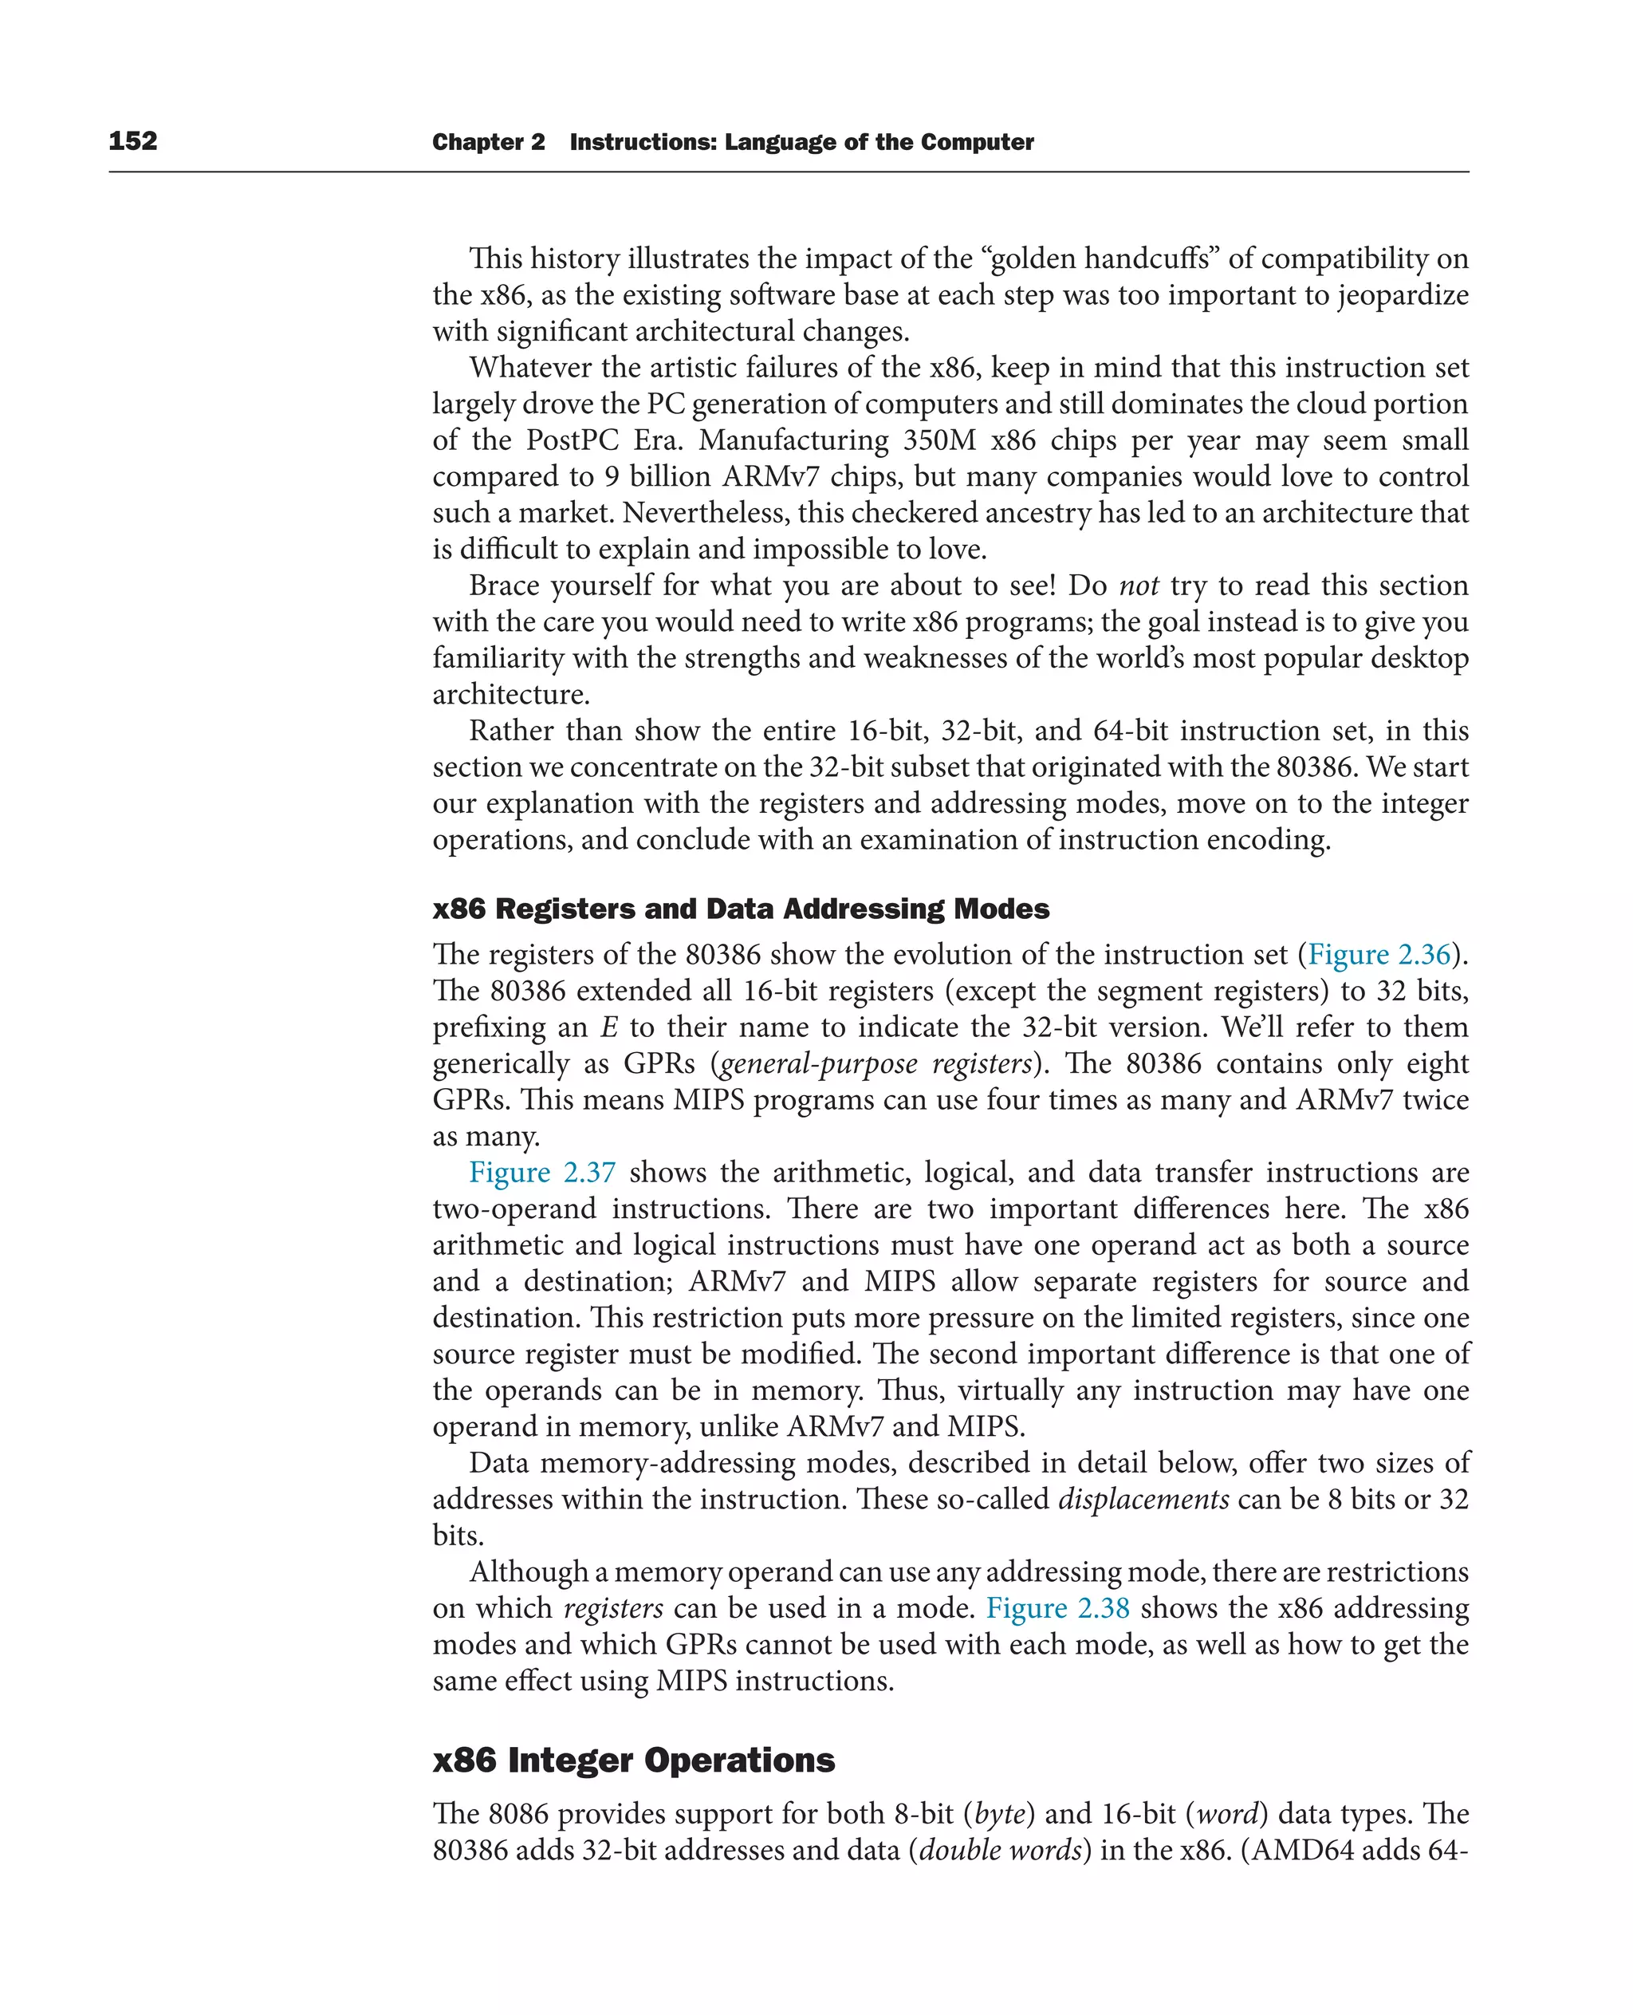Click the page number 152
[x=132, y=141]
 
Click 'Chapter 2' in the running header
[x=488, y=142]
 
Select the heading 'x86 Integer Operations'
[x=633, y=1760]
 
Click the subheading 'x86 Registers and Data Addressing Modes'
[x=740, y=909]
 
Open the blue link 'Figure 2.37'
[x=542, y=1173]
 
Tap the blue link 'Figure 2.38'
[x=1057, y=1608]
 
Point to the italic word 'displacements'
[x=1143, y=1499]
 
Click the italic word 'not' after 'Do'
[x=1138, y=586]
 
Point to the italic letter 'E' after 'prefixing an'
[x=608, y=1027]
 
